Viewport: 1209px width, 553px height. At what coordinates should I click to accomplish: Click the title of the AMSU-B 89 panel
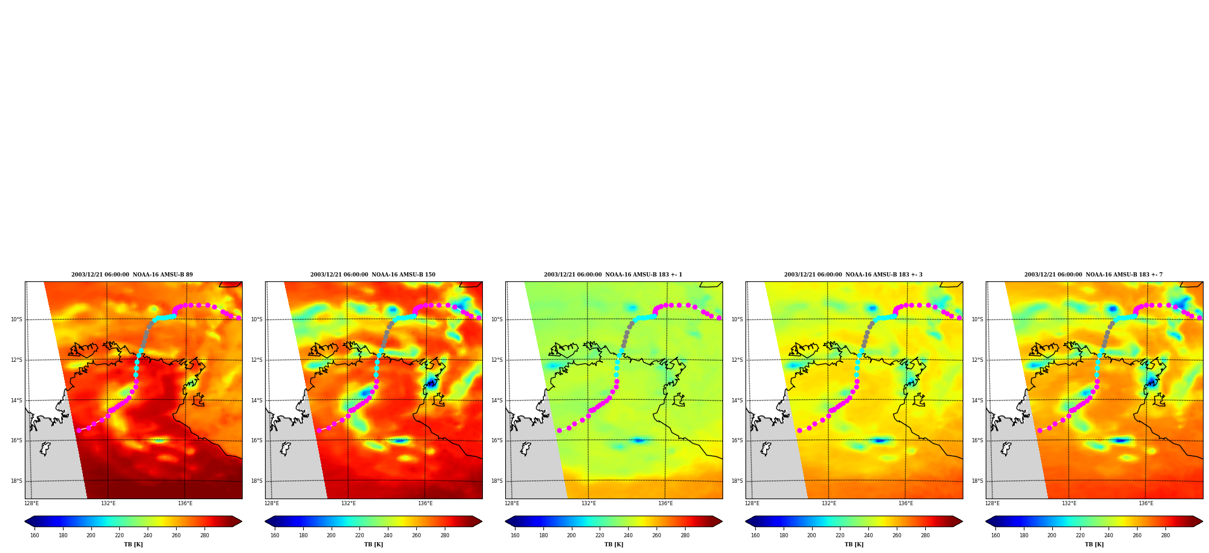(132, 275)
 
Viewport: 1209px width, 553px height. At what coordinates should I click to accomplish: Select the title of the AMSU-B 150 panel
(373, 275)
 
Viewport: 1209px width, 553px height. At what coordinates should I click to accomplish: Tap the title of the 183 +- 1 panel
(613, 275)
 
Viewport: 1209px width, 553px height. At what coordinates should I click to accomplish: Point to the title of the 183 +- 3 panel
(853, 275)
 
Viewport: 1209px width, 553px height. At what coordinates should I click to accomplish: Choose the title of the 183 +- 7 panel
(1093, 275)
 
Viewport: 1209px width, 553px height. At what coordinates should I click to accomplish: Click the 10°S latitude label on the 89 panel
(16, 319)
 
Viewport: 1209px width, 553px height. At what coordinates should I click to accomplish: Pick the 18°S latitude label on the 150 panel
(257, 481)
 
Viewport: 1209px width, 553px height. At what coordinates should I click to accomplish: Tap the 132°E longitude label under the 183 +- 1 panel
(589, 503)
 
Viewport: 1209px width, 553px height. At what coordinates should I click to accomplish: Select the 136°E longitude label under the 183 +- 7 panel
(1146, 503)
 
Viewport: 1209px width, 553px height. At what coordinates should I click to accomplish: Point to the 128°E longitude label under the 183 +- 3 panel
(752, 503)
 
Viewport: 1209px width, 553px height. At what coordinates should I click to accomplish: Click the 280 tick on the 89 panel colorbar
(205, 535)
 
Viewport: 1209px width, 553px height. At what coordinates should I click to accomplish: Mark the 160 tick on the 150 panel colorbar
(275, 535)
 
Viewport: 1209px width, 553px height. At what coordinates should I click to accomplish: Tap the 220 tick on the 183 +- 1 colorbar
(600, 535)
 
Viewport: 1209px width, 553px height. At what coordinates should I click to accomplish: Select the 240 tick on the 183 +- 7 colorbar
(1109, 535)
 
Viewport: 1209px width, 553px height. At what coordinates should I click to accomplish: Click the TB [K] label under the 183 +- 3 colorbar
(854, 545)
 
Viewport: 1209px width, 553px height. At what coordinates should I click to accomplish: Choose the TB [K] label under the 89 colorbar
(133, 545)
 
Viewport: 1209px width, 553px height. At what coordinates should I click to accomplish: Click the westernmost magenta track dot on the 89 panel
(79, 430)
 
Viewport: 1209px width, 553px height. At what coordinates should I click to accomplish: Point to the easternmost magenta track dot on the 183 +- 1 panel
(719, 318)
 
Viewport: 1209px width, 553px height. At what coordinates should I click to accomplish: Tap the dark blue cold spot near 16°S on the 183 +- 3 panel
(879, 440)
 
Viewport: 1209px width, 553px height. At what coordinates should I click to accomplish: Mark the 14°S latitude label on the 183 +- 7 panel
(977, 401)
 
